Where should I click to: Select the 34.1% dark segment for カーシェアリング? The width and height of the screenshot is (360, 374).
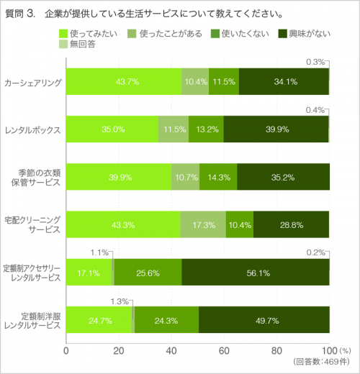pos(284,81)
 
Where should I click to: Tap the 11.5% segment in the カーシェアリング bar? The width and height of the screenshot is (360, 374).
pos(223,81)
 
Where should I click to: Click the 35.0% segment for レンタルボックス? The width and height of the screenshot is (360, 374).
pos(112,129)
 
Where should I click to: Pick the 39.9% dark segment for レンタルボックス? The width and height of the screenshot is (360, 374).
pos(276,129)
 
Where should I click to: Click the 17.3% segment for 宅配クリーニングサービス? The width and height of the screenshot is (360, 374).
pos(203,225)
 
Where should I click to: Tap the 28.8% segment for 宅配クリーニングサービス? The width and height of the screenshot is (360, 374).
pos(292,225)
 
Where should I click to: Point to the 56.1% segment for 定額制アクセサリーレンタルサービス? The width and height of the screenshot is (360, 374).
pos(256,273)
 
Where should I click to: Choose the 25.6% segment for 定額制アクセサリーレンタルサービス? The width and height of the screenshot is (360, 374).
pos(148,273)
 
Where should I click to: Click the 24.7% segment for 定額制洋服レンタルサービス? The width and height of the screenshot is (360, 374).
pos(99,321)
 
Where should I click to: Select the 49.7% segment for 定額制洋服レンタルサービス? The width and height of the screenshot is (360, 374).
pos(264,321)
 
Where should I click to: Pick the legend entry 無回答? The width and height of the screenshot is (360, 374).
pos(79,45)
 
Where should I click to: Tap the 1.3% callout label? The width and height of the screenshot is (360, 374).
pos(120,301)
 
